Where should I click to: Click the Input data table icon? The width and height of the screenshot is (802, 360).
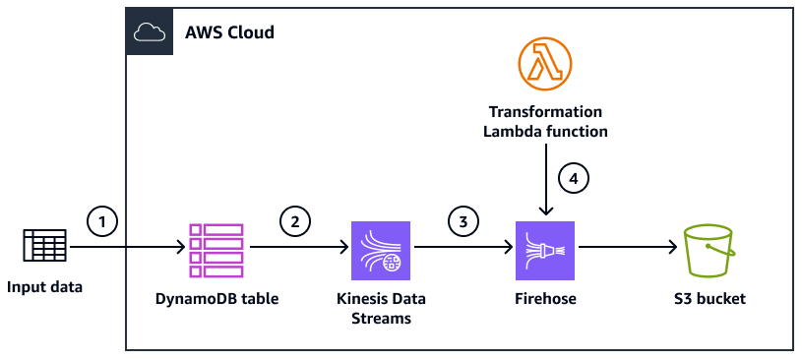point(44,246)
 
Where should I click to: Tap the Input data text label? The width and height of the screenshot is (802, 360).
point(44,287)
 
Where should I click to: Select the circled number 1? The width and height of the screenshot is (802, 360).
point(101,220)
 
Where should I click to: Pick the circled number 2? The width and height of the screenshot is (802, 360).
point(293,220)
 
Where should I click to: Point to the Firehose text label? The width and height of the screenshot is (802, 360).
point(544,297)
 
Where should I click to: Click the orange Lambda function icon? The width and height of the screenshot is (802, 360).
point(544,61)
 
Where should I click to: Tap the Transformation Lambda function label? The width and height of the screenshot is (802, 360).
point(544,121)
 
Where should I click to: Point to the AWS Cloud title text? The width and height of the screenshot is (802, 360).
point(229,32)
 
